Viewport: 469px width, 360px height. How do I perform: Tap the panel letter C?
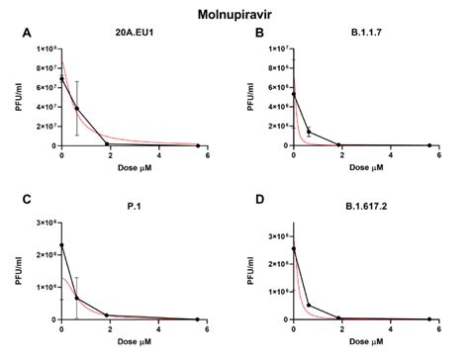[x=27, y=202]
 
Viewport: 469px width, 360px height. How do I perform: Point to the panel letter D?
[x=260, y=202]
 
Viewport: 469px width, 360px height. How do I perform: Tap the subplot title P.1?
[x=132, y=208]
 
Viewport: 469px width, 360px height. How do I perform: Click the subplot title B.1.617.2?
[x=364, y=208]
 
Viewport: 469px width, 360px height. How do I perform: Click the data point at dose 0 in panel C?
[x=62, y=245]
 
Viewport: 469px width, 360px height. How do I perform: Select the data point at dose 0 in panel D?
[x=293, y=248]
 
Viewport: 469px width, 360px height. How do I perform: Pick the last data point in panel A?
[x=198, y=144]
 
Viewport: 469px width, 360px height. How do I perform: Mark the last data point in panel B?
[x=429, y=144]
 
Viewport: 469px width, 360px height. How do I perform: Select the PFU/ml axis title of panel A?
[x=18, y=97]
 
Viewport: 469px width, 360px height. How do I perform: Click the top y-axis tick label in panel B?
[x=274, y=48]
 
